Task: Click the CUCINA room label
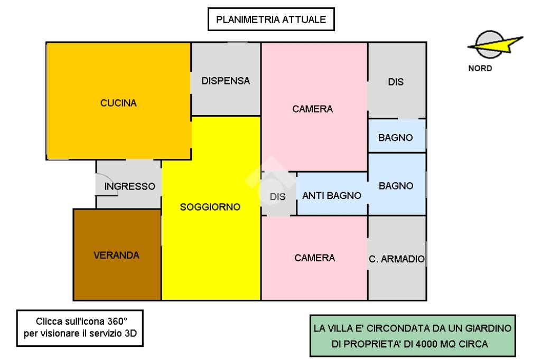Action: pyautogui.click(x=118, y=103)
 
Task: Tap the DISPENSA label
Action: pyautogui.click(x=226, y=81)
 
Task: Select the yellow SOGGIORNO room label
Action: pyautogui.click(x=210, y=207)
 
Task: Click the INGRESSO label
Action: pyautogui.click(x=129, y=186)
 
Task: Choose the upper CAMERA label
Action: pyautogui.click(x=313, y=109)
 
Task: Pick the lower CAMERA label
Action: pyautogui.click(x=315, y=258)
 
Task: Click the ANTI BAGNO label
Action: pyautogui.click(x=332, y=196)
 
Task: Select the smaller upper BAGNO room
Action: pyautogui.click(x=396, y=138)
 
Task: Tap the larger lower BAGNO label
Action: pyautogui.click(x=396, y=186)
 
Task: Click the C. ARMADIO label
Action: pyautogui.click(x=396, y=259)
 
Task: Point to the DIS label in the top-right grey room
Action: pyautogui.click(x=396, y=82)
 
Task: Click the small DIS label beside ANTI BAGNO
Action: pyautogui.click(x=277, y=197)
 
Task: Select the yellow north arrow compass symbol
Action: pyautogui.click(x=495, y=46)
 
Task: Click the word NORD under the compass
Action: pyautogui.click(x=480, y=68)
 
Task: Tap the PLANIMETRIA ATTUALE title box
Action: pyautogui.click(x=270, y=21)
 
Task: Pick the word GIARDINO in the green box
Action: pyautogui.click(x=488, y=328)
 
